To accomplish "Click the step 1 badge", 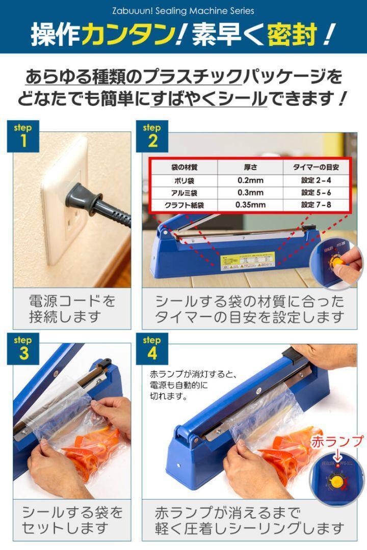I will click(x=23, y=136).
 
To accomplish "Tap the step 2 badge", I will click(x=151, y=136).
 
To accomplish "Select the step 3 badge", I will click(x=23, y=348).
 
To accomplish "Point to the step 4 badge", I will click(x=151, y=348).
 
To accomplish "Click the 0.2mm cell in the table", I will click(x=250, y=180).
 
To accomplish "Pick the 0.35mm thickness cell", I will click(x=250, y=205).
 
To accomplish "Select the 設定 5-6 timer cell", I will click(x=316, y=193).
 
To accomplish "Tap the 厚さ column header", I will click(x=250, y=167).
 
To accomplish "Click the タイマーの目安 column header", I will click(x=316, y=167).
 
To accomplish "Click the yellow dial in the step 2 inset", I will click(x=337, y=263).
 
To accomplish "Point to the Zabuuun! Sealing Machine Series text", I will click(x=183, y=10).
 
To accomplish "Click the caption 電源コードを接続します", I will click(x=72, y=309).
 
